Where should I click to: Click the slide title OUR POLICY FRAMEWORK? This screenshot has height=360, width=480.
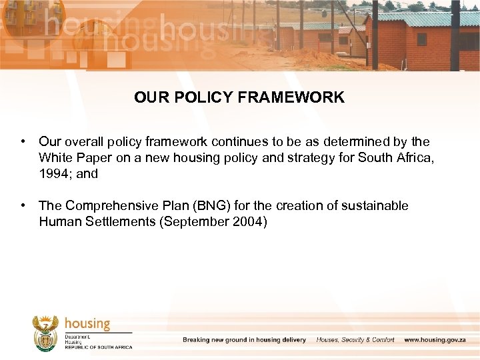point(239,97)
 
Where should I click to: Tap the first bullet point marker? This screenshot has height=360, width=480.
point(23,142)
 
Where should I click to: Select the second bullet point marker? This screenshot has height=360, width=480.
point(23,206)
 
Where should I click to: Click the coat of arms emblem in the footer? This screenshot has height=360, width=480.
point(46,333)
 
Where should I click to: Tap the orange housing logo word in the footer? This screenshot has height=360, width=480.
point(87,324)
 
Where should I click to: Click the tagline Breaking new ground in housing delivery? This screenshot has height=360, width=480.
point(244,340)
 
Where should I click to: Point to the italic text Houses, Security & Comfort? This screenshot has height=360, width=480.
point(355,340)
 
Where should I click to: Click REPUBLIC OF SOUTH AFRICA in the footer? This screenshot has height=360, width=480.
point(99,347)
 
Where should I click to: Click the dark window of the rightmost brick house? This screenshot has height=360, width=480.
point(421,39)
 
